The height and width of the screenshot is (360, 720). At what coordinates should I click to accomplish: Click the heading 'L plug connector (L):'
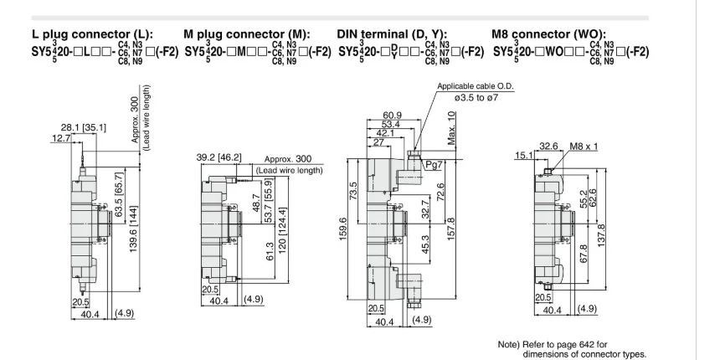pos(92,34)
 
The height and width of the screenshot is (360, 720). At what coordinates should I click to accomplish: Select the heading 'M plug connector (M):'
pos(247,34)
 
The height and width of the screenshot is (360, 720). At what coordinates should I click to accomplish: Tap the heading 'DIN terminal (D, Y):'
pos(392,34)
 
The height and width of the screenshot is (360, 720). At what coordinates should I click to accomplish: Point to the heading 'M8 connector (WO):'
pos(548,34)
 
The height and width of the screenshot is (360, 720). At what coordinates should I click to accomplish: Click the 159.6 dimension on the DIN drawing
pos(353,231)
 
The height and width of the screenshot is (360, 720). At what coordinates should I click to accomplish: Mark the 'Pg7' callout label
pos(433,165)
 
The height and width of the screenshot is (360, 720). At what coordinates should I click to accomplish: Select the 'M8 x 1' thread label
pos(584,147)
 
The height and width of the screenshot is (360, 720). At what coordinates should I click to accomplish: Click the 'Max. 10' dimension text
pos(452,127)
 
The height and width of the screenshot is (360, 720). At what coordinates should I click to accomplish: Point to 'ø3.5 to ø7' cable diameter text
pos(476,98)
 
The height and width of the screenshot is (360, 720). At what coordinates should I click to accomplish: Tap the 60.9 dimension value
pos(393,116)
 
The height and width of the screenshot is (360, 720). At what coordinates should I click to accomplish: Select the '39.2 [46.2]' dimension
pos(219,157)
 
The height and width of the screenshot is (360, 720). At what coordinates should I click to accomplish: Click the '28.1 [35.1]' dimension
pos(83,127)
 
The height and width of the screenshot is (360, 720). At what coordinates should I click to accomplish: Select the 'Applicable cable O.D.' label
pos(476,86)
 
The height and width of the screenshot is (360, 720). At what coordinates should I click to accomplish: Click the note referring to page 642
pos(572,349)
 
